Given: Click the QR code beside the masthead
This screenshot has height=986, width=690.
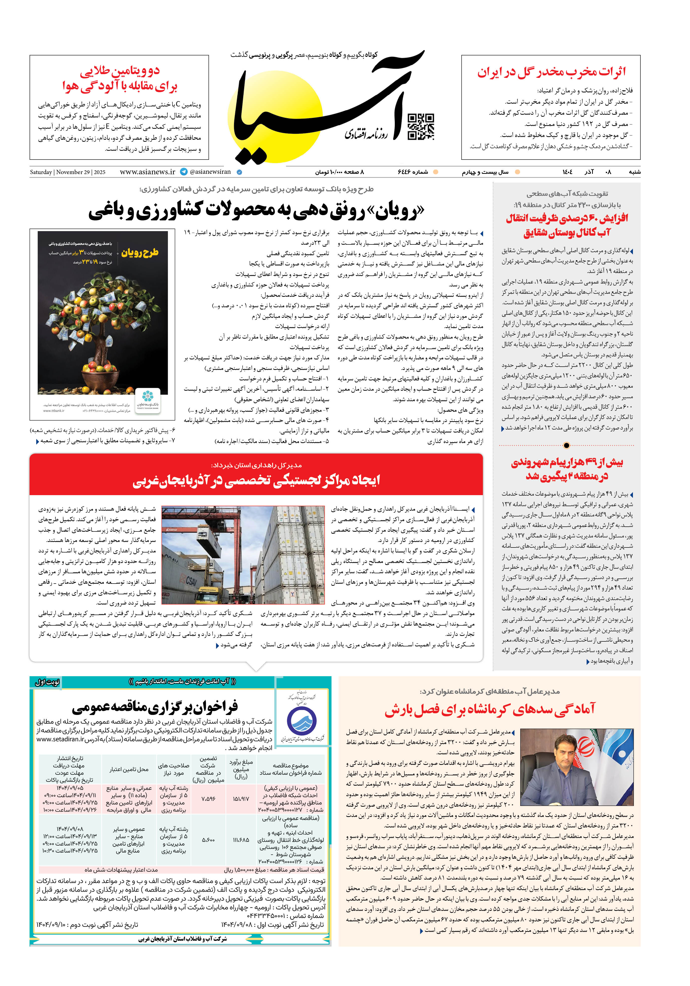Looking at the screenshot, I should [420, 127].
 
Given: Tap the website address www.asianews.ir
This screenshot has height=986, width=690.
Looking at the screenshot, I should [147, 172].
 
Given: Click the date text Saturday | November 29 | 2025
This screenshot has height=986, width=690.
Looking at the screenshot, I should [67, 172].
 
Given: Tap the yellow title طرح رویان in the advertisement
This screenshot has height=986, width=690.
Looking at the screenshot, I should [140, 252].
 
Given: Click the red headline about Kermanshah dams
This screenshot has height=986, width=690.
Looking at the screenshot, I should [489, 710].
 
